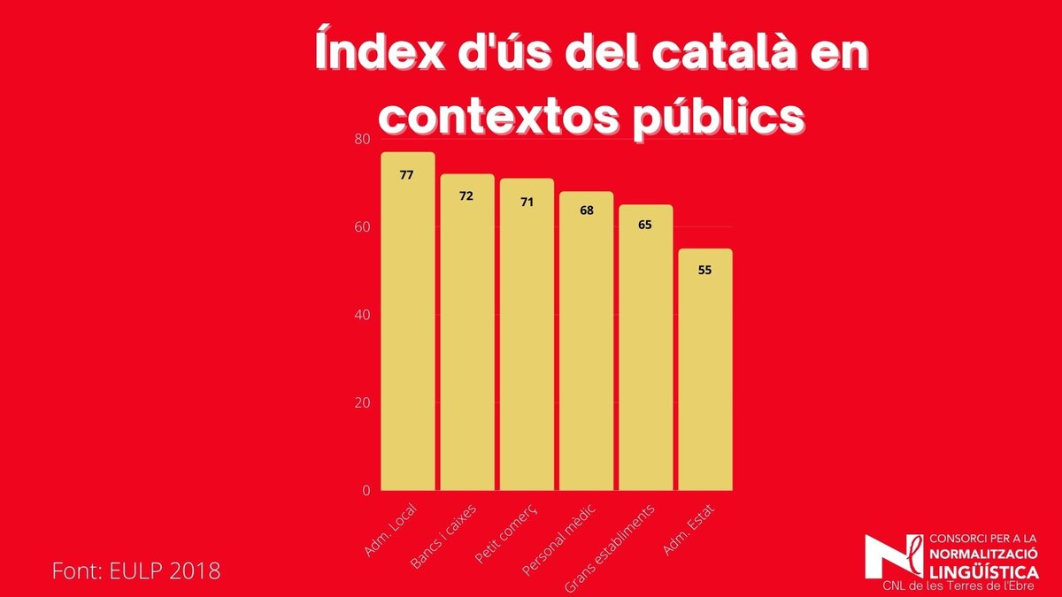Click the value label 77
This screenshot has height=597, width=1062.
click(406, 175)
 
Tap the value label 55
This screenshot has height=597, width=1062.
click(704, 271)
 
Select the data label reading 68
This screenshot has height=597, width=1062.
click(586, 210)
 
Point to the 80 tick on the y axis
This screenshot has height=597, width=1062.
click(361, 140)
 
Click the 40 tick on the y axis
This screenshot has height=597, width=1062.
click(361, 315)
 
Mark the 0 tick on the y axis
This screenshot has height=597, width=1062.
click(365, 490)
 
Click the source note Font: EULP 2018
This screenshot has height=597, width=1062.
click(135, 570)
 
